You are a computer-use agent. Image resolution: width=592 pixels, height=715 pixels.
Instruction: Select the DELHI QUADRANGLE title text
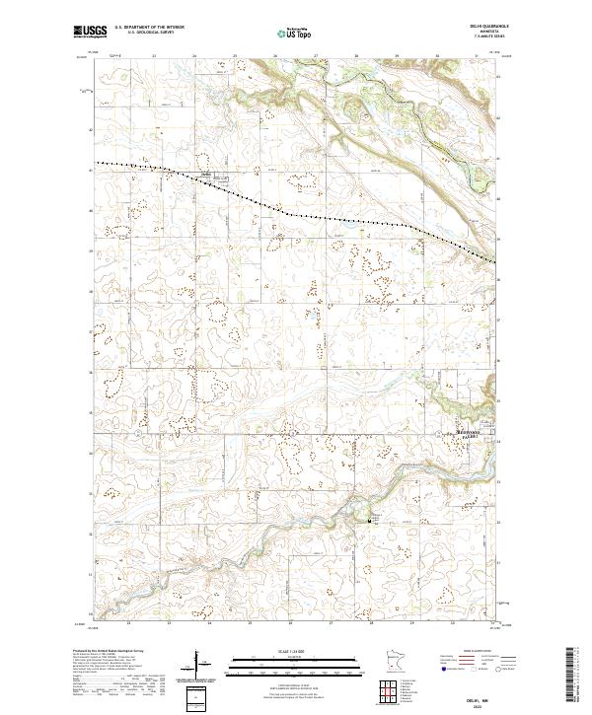click(x=482, y=27)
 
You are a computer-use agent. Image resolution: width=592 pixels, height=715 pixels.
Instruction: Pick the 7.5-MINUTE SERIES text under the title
click(x=482, y=38)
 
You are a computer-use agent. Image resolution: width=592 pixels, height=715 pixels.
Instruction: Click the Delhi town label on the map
click(x=207, y=175)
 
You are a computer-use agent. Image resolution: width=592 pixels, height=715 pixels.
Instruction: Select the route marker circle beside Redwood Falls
click(x=441, y=434)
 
